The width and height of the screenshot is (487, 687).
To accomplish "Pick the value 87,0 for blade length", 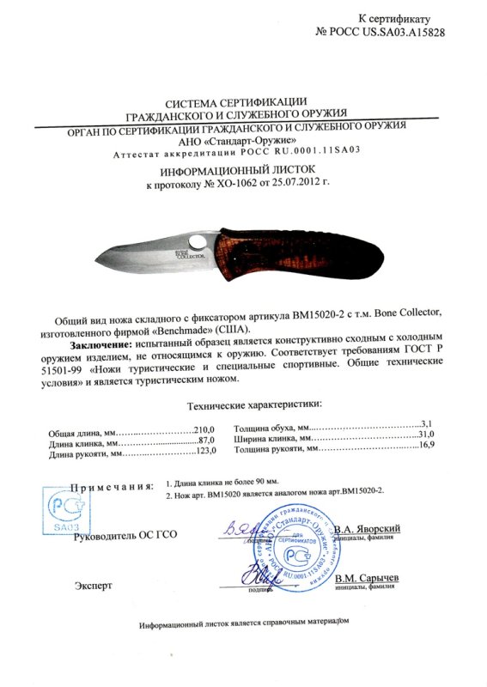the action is click(206, 441).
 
